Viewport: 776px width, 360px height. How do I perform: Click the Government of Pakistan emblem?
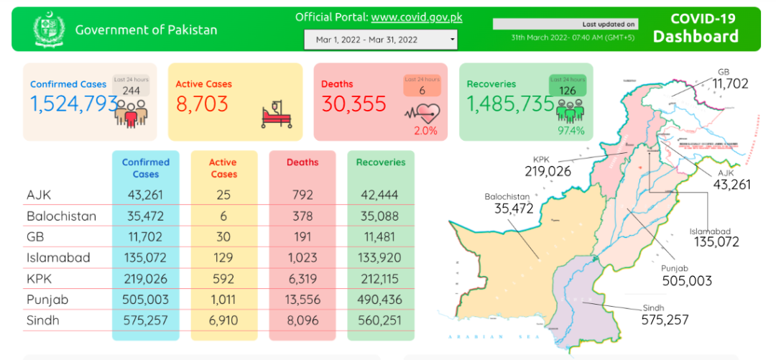[49, 29]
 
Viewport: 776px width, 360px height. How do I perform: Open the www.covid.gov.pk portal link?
[417, 17]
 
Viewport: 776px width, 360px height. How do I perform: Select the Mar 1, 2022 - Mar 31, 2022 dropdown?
[381, 40]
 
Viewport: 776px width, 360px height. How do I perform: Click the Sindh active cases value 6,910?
[223, 320]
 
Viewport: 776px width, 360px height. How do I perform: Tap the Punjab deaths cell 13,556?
[302, 300]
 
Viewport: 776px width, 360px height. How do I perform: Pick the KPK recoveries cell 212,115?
[381, 279]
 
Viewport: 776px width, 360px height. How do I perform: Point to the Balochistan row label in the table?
[61, 216]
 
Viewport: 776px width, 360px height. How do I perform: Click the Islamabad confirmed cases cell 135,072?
[146, 258]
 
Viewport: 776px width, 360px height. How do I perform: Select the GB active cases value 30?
[223, 237]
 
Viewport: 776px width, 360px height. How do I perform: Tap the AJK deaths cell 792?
[302, 195]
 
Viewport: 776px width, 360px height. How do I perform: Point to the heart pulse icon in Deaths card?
[421, 114]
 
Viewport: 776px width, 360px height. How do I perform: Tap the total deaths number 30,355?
[354, 104]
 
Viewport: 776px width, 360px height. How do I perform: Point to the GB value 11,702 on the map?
[730, 84]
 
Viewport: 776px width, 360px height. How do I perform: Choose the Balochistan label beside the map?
[507, 196]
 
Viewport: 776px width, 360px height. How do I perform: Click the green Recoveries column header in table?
[381, 162]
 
